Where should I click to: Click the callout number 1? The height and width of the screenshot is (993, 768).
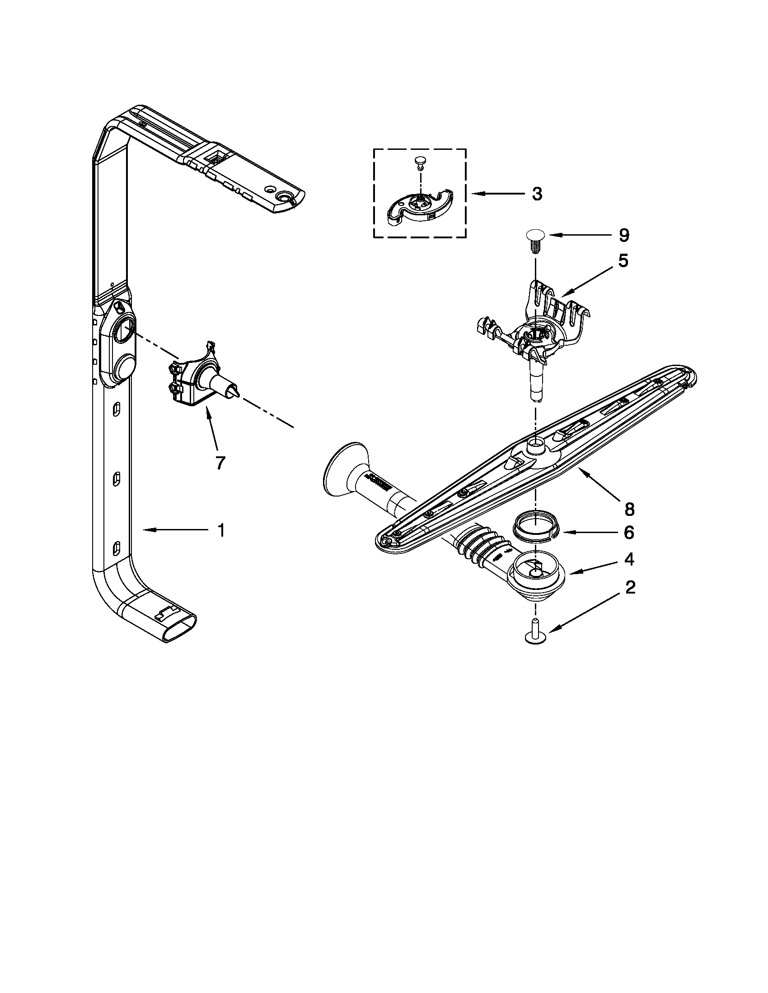click(x=220, y=530)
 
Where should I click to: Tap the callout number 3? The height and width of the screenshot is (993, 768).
click(x=537, y=194)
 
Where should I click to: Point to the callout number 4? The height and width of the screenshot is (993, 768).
click(x=629, y=560)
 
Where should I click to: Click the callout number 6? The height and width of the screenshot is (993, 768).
click(x=629, y=533)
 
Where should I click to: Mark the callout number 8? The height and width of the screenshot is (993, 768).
click(x=629, y=510)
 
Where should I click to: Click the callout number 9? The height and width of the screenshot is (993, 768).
click(x=623, y=235)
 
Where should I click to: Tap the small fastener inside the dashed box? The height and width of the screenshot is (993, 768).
click(x=420, y=162)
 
